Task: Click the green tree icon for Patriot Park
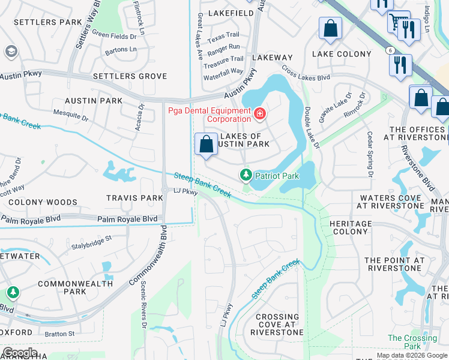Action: pyautogui.click(x=246, y=175)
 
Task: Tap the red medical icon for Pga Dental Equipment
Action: pyautogui.click(x=259, y=113)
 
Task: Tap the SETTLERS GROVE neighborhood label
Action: pyautogui.click(x=130, y=76)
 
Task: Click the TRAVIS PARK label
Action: pyautogui.click(x=134, y=198)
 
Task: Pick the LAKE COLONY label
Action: pyautogui.click(x=342, y=54)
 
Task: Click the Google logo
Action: pyautogui.click(x=20, y=353)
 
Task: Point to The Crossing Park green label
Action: pyautogui.click(x=412, y=342)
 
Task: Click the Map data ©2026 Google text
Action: pyautogui.click(x=412, y=355)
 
